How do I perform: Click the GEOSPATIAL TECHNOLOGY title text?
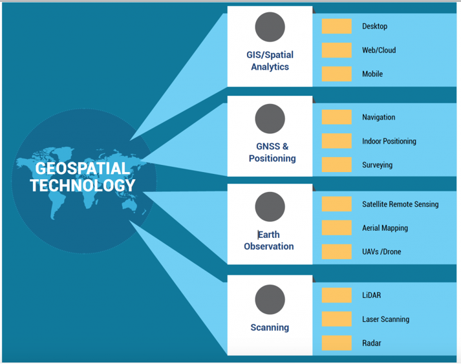coord(83,177)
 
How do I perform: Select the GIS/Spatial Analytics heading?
coord(270,61)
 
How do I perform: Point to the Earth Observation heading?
coord(269,240)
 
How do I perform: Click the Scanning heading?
coord(270,327)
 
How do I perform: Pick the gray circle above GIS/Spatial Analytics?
coord(270,27)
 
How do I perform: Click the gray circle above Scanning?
coord(270,299)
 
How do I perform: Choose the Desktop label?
coord(374,27)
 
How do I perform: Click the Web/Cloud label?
coord(379,50)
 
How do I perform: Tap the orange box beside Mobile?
coord(336,74)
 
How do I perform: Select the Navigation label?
coord(378,118)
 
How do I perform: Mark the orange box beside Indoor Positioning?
coord(336,141)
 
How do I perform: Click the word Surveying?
coord(377,165)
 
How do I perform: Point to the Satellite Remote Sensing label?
coord(400,204)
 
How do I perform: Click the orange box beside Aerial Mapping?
coord(336,228)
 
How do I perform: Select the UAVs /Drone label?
coord(381,252)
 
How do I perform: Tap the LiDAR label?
coord(371,295)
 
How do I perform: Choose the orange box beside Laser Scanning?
coord(336,319)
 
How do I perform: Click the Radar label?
coord(371,343)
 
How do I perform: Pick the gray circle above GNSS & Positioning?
coord(270,119)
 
